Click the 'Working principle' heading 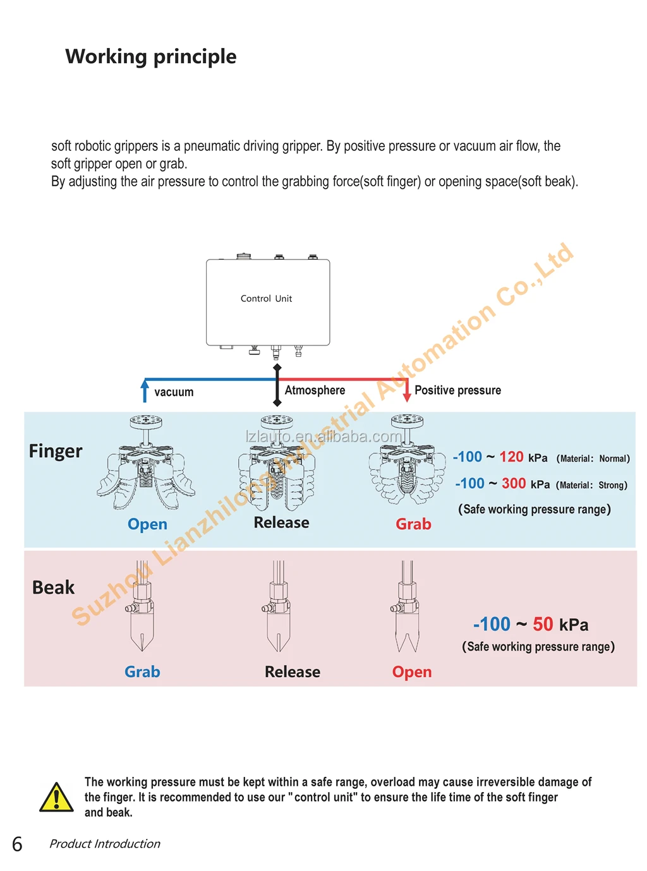click(151, 57)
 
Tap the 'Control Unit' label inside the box click(266, 299)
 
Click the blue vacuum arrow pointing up click(145, 390)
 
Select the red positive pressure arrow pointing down click(407, 390)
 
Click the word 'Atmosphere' click(315, 390)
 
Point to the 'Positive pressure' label click(457, 390)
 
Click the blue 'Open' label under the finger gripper click(147, 524)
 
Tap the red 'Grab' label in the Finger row click(413, 524)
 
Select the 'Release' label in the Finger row click(281, 523)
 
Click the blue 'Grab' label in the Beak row click(142, 672)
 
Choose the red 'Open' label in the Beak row click(412, 672)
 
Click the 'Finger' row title click(56, 451)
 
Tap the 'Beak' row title click(53, 587)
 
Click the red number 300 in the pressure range click(514, 484)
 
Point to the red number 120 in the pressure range click(511, 457)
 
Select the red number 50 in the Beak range click(543, 625)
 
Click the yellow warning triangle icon click(57, 797)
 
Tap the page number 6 click(17, 844)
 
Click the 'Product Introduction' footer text click(105, 844)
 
